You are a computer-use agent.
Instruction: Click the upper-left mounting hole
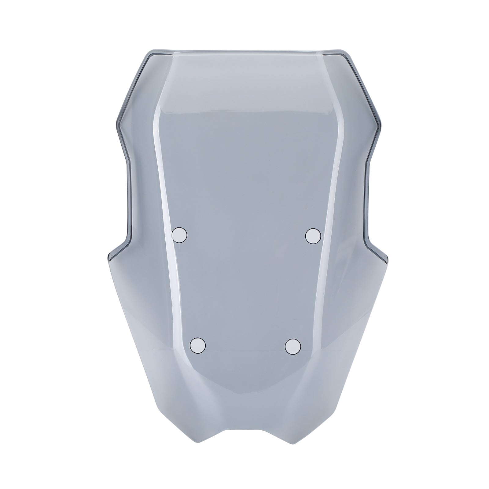coord(179,234)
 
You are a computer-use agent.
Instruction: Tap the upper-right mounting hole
coord(313,235)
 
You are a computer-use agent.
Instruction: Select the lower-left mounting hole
coord(198,345)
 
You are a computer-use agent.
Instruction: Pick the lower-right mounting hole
coord(292,346)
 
